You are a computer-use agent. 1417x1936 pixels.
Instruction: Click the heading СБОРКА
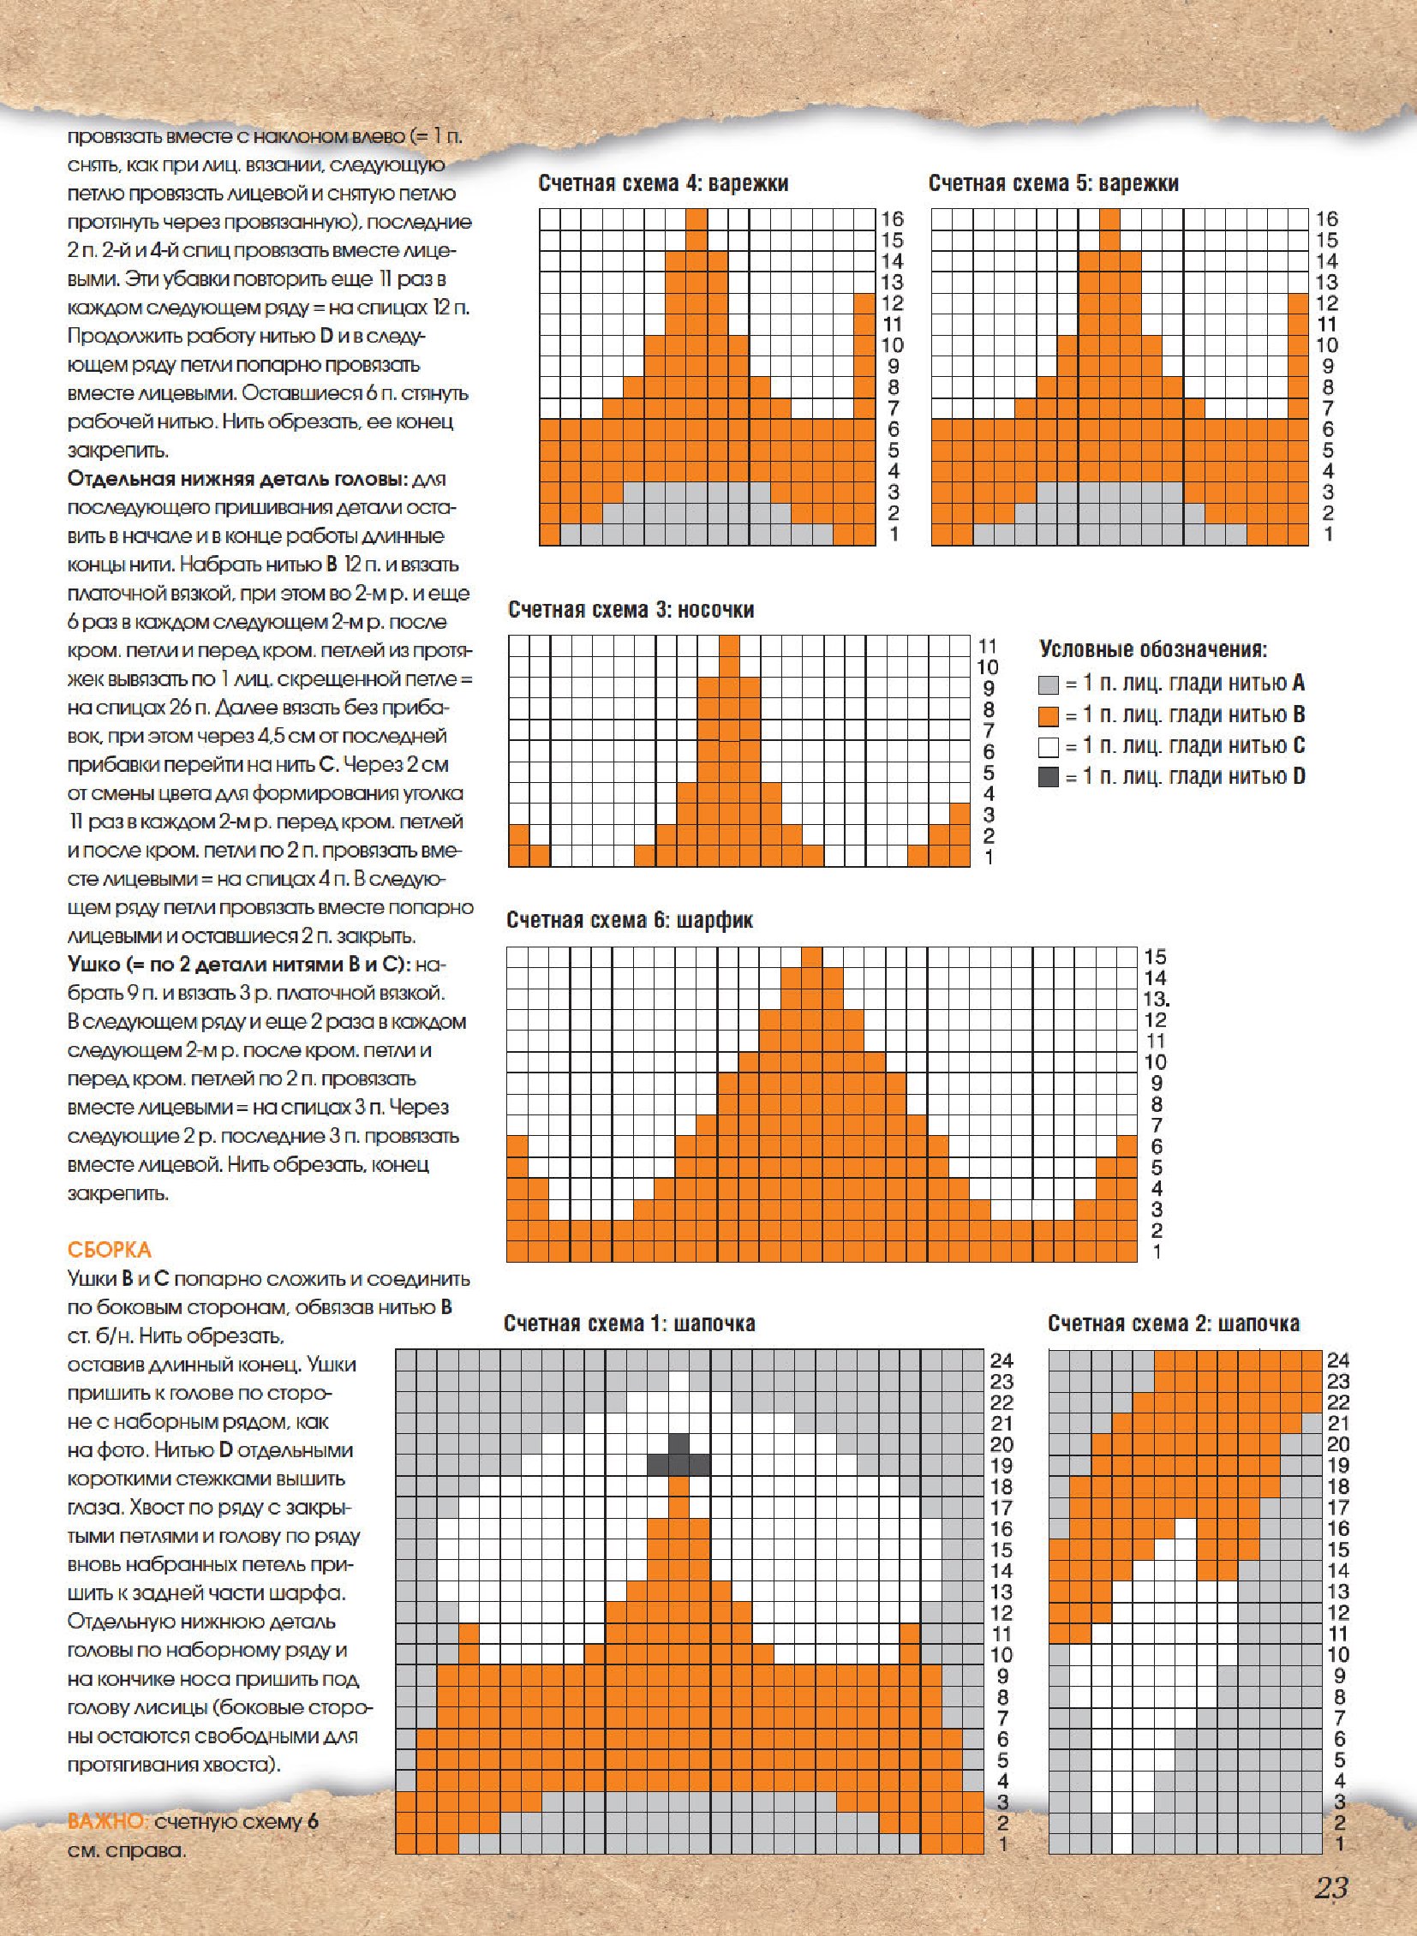pyautogui.click(x=109, y=1249)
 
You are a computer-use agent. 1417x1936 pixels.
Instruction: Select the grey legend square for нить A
pyautogui.click(x=1048, y=684)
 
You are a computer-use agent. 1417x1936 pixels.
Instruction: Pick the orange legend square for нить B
pyautogui.click(x=1048, y=715)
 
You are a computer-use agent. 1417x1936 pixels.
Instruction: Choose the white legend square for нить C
pyautogui.click(x=1048, y=746)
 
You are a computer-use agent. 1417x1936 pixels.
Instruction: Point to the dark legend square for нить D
pyautogui.click(x=1048, y=777)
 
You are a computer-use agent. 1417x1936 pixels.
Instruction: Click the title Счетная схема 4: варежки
pyautogui.click(x=663, y=182)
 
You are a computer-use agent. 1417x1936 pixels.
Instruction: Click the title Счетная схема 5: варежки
pyautogui.click(x=1053, y=182)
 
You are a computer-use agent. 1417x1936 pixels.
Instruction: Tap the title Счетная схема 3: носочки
pyautogui.click(x=631, y=610)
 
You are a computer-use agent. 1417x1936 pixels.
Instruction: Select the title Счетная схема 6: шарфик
pyautogui.click(x=630, y=920)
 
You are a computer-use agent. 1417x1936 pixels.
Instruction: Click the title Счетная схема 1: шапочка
pyautogui.click(x=629, y=1324)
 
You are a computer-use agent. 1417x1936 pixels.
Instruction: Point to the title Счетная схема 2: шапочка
pyautogui.click(x=1173, y=1324)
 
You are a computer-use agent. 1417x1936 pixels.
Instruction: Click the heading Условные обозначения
pyautogui.click(x=1153, y=649)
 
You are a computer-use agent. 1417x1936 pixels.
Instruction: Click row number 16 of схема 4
pyautogui.click(x=892, y=218)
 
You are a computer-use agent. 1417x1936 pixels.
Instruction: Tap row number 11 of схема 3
pyautogui.click(x=987, y=646)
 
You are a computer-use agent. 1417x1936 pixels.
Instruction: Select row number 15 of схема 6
pyautogui.click(x=1155, y=957)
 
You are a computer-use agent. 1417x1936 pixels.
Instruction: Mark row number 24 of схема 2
pyautogui.click(x=1338, y=1360)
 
